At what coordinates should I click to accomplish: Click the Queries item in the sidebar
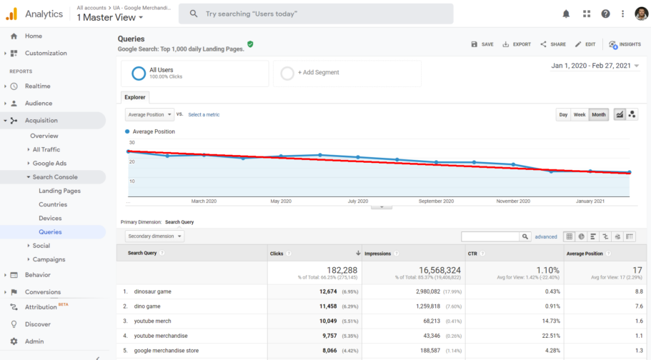point(50,232)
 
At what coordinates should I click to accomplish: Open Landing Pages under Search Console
point(59,191)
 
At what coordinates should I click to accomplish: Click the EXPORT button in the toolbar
point(517,44)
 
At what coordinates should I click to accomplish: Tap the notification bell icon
point(566,14)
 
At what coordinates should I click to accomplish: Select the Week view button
point(580,114)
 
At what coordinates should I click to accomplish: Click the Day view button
point(563,114)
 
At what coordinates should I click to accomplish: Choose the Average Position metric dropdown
point(149,114)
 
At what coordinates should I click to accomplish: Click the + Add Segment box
point(347,73)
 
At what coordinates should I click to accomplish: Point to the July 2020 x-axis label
point(357,201)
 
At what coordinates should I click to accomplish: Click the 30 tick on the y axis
point(131,143)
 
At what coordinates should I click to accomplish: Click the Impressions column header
point(377,254)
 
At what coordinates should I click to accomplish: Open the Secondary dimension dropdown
point(154,236)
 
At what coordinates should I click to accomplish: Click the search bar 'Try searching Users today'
point(316,14)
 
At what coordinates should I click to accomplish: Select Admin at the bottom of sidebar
point(34,341)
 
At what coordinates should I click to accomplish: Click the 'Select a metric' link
point(204,114)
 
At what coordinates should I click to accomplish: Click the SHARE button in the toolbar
point(553,44)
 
